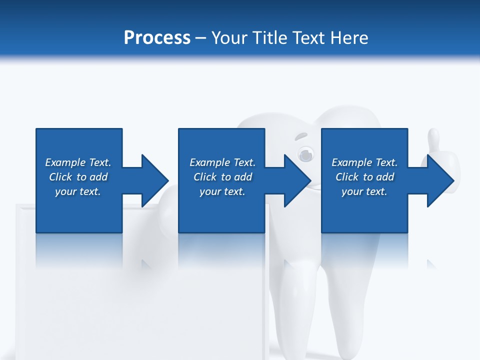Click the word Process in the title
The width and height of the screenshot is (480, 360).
[157, 38]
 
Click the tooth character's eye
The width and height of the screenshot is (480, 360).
[305, 154]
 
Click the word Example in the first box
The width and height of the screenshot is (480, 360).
[65, 162]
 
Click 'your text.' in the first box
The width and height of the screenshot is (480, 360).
[78, 191]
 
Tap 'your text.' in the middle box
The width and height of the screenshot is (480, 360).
[222, 191]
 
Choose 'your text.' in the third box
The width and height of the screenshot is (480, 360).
[364, 191]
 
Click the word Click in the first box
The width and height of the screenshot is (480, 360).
[60, 177]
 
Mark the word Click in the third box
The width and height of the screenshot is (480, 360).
[347, 177]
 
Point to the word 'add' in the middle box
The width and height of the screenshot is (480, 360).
[243, 177]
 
